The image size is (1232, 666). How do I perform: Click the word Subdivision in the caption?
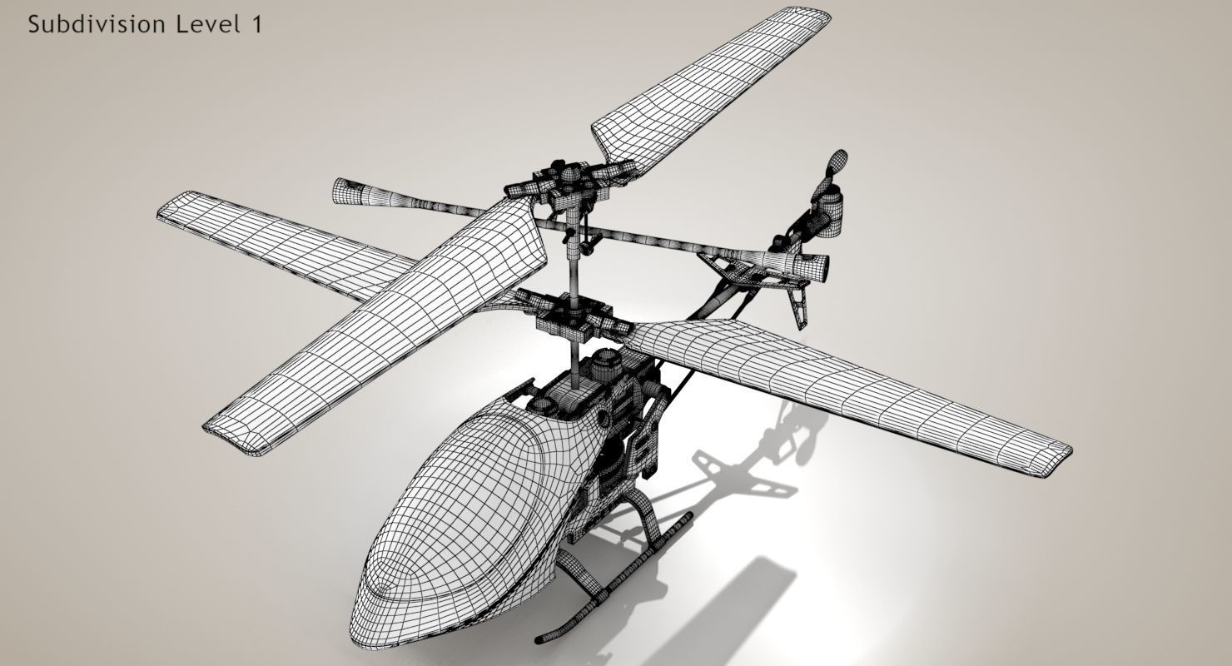97,25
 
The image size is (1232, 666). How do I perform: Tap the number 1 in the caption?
256,25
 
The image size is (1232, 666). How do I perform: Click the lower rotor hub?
574,316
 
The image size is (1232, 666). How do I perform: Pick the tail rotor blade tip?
838,159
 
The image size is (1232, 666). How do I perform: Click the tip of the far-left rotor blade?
166,208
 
